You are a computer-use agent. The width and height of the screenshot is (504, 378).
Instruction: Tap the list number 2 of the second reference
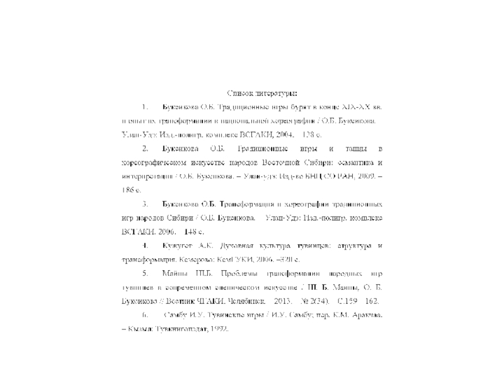(145, 149)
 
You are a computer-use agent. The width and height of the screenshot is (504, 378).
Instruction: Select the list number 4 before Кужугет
(145, 244)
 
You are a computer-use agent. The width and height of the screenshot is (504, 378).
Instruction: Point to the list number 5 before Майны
(145, 273)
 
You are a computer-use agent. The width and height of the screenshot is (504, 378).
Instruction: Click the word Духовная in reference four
(233, 244)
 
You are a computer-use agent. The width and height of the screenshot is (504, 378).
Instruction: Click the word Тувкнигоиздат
(181, 328)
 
